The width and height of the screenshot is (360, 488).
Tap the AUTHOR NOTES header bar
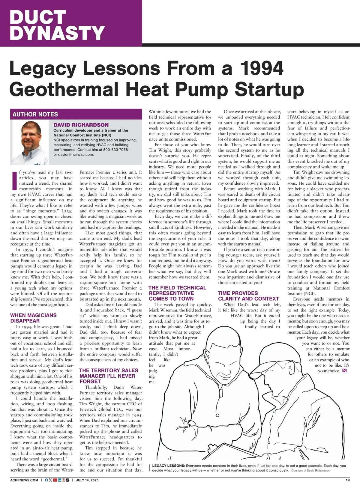35,114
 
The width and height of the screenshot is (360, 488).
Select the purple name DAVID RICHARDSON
81,125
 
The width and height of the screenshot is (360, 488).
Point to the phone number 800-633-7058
115,150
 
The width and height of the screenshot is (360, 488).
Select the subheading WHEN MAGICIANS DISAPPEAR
33,318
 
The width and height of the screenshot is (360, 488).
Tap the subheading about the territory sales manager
109,376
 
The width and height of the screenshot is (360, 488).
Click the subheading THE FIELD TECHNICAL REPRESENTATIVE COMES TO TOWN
177,293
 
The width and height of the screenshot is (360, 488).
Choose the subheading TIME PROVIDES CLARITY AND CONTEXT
248,296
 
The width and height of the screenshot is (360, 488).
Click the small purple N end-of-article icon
344,371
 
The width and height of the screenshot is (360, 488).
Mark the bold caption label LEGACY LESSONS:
168,466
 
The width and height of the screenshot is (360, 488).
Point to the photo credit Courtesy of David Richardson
310,471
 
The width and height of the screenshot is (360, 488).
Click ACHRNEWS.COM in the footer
24,480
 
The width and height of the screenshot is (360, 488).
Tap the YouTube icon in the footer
55,480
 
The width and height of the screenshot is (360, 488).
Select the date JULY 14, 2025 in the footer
87,480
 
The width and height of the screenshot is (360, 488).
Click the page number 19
347,480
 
